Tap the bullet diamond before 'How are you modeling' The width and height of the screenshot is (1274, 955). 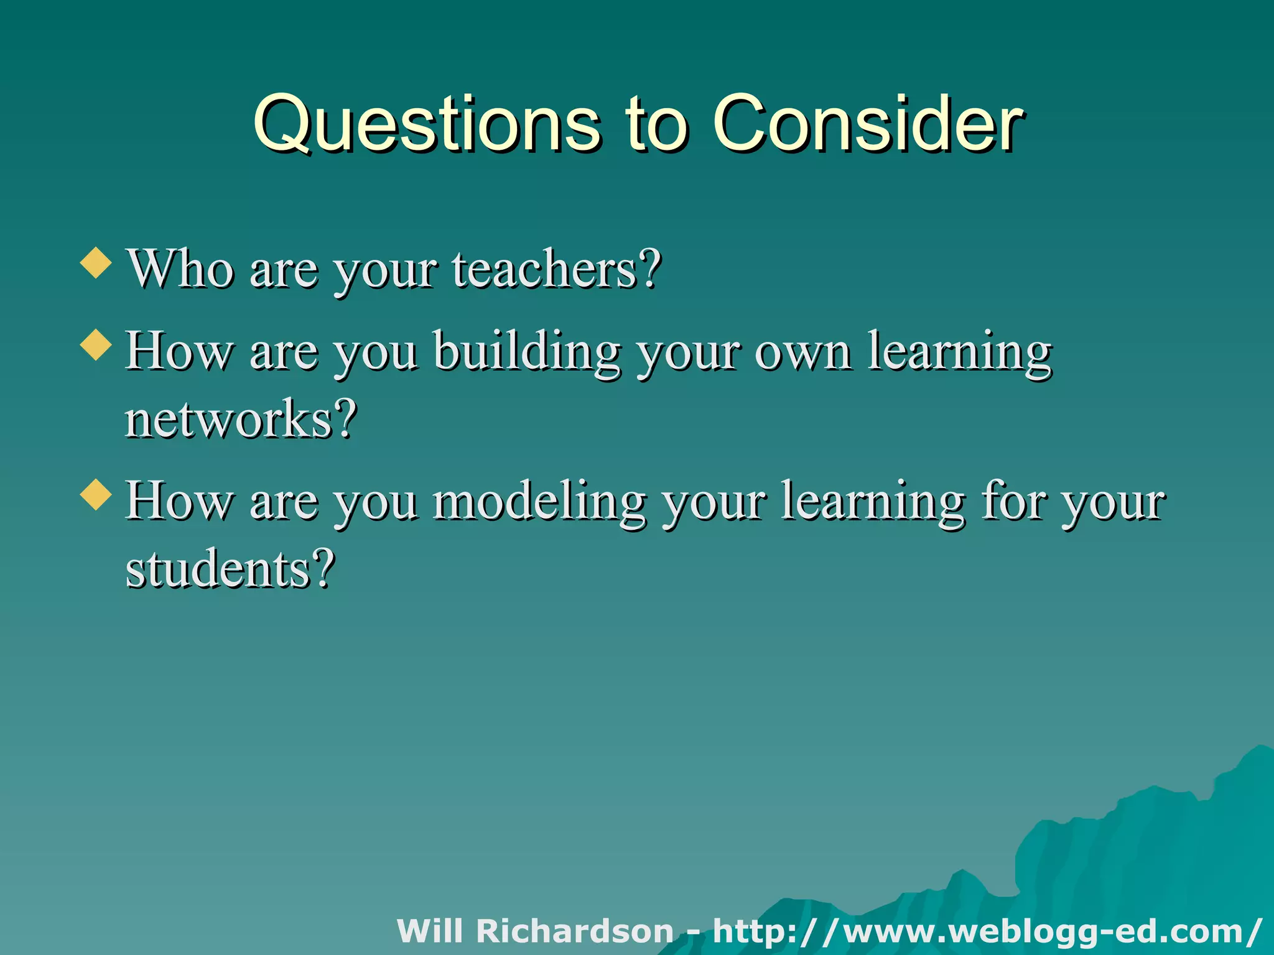[96, 494]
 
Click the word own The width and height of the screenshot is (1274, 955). [802, 352]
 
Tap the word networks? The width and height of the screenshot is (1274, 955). [241, 419]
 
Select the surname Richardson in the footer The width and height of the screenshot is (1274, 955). [574, 931]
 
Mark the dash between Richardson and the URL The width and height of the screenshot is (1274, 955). [693, 933]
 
